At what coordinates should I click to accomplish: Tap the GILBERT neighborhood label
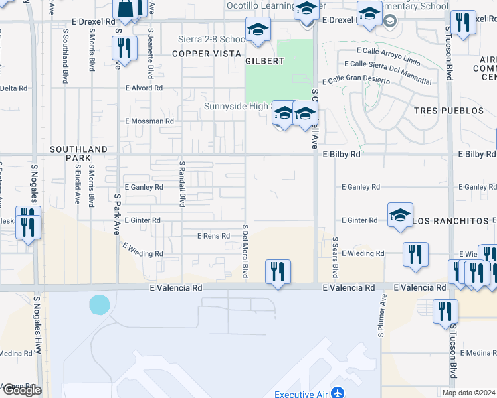coord(264,61)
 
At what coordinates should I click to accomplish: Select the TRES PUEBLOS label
coord(443,111)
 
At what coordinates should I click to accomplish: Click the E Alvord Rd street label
coord(144,88)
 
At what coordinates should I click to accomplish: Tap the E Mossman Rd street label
coord(149,121)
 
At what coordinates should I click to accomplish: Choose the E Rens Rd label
coord(213,236)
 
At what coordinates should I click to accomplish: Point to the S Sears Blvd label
coord(335,258)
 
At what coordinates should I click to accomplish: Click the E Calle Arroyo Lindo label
coord(389,51)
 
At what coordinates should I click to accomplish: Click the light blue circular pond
coord(99,304)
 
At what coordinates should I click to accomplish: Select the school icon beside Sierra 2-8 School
coord(258,30)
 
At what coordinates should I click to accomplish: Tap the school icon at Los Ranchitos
coord(400,216)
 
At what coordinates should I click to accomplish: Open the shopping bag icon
coord(125,9)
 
